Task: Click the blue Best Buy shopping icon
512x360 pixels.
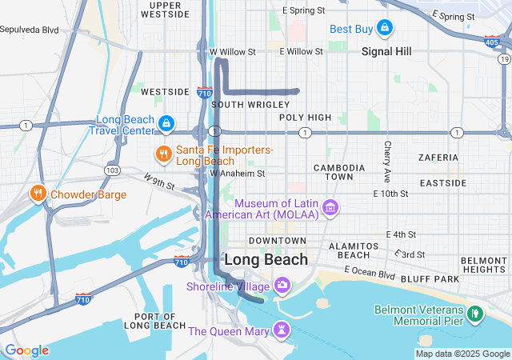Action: (x=385, y=30)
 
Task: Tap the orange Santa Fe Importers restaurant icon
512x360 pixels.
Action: (x=164, y=154)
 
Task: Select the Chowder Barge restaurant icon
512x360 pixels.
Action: (x=38, y=194)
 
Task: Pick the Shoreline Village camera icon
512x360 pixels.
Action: (x=282, y=286)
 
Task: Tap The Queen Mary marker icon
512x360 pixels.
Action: (x=282, y=330)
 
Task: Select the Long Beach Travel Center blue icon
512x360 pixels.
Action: (x=166, y=124)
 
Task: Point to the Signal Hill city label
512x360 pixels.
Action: (x=386, y=51)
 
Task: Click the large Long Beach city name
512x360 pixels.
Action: (x=266, y=260)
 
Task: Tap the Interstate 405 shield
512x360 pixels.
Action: (x=491, y=41)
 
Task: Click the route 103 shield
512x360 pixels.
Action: (x=113, y=170)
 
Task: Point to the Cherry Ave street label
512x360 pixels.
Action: (x=387, y=161)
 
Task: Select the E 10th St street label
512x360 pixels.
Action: (x=390, y=194)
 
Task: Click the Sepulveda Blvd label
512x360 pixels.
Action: (x=30, y=30)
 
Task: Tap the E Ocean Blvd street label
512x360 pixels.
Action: (x=370, y=274)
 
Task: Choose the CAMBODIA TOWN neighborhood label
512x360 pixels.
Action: (x=339, y=172)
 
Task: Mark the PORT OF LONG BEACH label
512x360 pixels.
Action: (x=155, y=320)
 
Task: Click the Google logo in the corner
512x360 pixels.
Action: (x=26, y=350)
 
